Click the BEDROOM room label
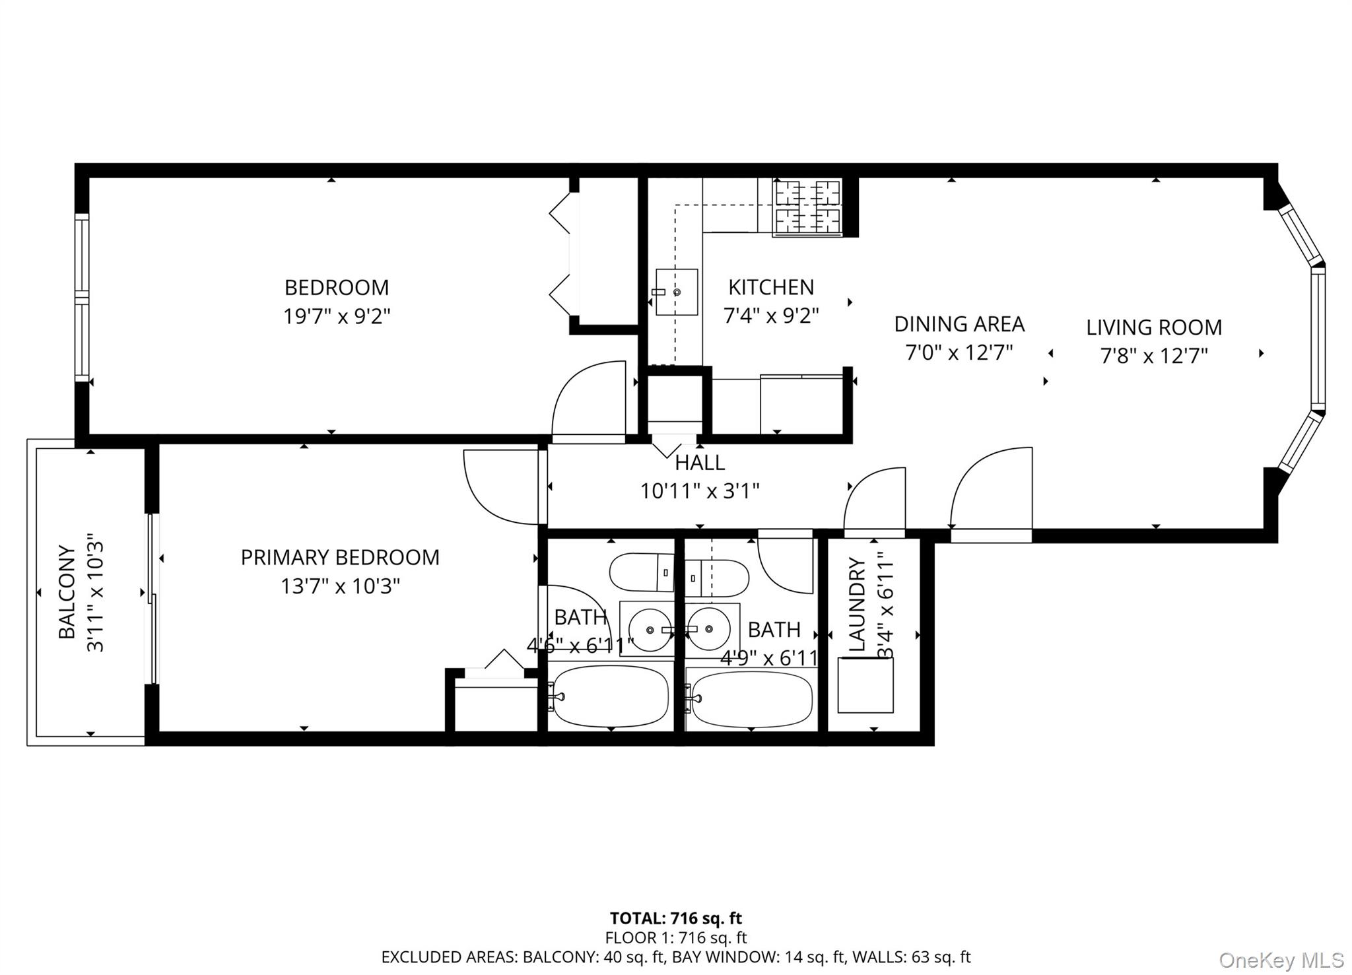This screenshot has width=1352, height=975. pos(337,288)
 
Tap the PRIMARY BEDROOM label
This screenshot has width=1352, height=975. pos(340,558)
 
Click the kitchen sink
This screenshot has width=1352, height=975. pos(677,292)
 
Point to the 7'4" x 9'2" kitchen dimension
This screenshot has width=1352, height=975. pos(771,316)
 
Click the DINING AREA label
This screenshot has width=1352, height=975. pos(959,324)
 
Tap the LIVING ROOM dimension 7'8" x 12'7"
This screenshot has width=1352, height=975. pos(1154,356)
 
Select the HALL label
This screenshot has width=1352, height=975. pos(700,463)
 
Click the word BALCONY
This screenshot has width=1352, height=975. pos(67,591)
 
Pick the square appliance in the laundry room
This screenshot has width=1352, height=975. pos(865,685)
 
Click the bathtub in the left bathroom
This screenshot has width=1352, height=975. pos(611,696)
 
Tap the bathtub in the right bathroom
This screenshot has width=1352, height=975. pos(751,699)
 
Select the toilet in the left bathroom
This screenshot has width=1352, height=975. pos(640,572)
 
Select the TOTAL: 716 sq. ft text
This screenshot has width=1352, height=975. pos(675,918)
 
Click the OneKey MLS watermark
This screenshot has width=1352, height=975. pos(1281,959)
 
